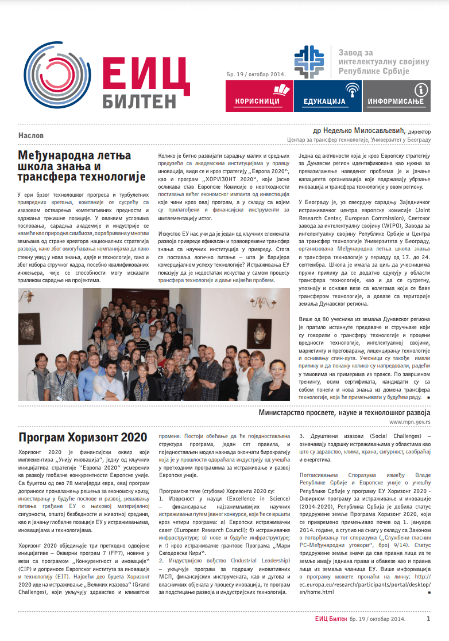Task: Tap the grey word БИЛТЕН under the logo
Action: (140, 101)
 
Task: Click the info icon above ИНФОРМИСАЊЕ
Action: (421, 89)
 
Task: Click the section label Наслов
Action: (31, 136)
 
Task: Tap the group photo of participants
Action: (154, 344)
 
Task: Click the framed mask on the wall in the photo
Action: (261, 330)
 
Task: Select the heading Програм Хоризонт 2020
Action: (82, 437)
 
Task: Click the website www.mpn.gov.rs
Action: (409, 421)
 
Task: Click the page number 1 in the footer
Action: (428, 619)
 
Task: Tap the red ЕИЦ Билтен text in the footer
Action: (330, 619)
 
